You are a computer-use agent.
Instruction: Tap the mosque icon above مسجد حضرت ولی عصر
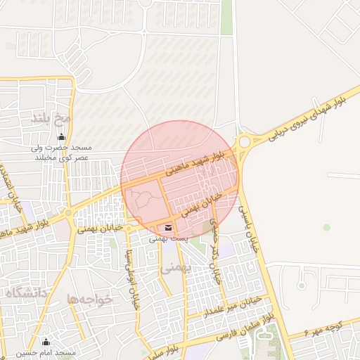coord(62,136)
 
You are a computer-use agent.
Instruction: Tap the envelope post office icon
coord(168,227)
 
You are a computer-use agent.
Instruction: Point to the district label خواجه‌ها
coord(90,299)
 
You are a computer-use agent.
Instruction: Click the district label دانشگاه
coord(25,291)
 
